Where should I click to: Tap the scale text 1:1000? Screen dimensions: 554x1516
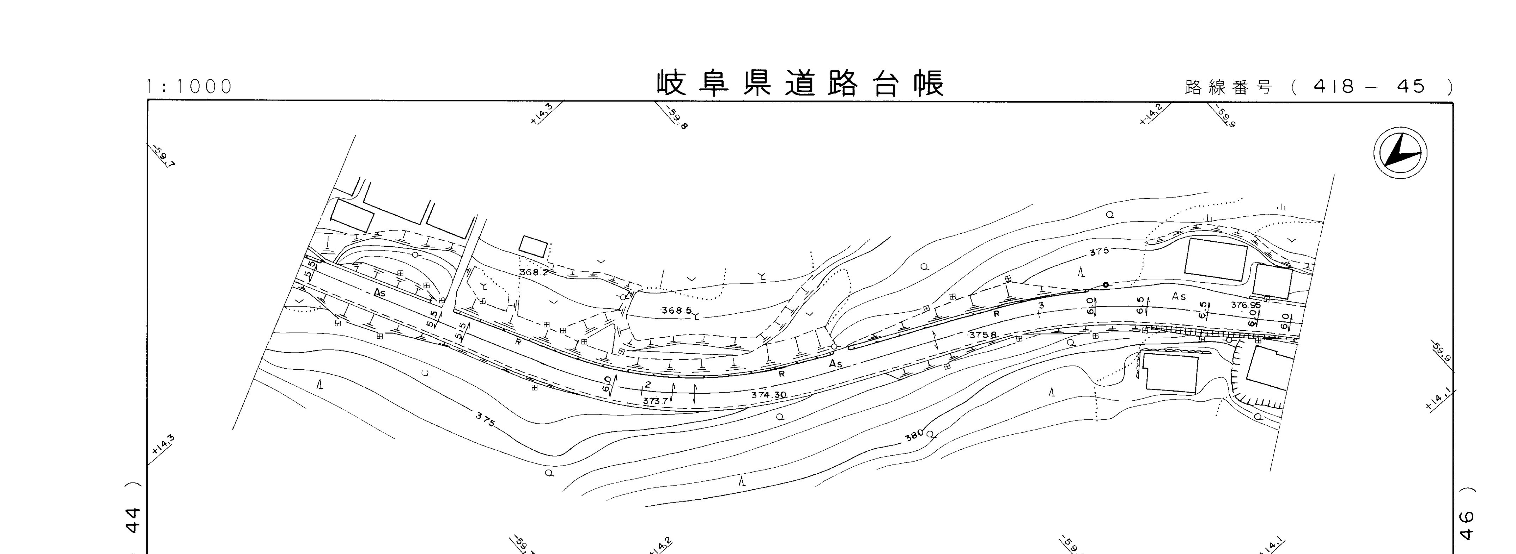pyautogui.click(x=189, y=86)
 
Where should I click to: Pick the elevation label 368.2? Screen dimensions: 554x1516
pyautogui.click(x=534, y=273)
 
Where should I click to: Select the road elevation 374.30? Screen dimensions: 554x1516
pyautogui.click(x=769, y=395)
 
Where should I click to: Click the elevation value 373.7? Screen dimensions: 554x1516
pyautogui.click(x=655, y=401)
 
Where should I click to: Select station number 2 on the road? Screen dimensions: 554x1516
pyautogui.click(x=647, y=384)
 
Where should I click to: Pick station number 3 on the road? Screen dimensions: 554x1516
pyautogui.click(x=1041, y=305)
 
